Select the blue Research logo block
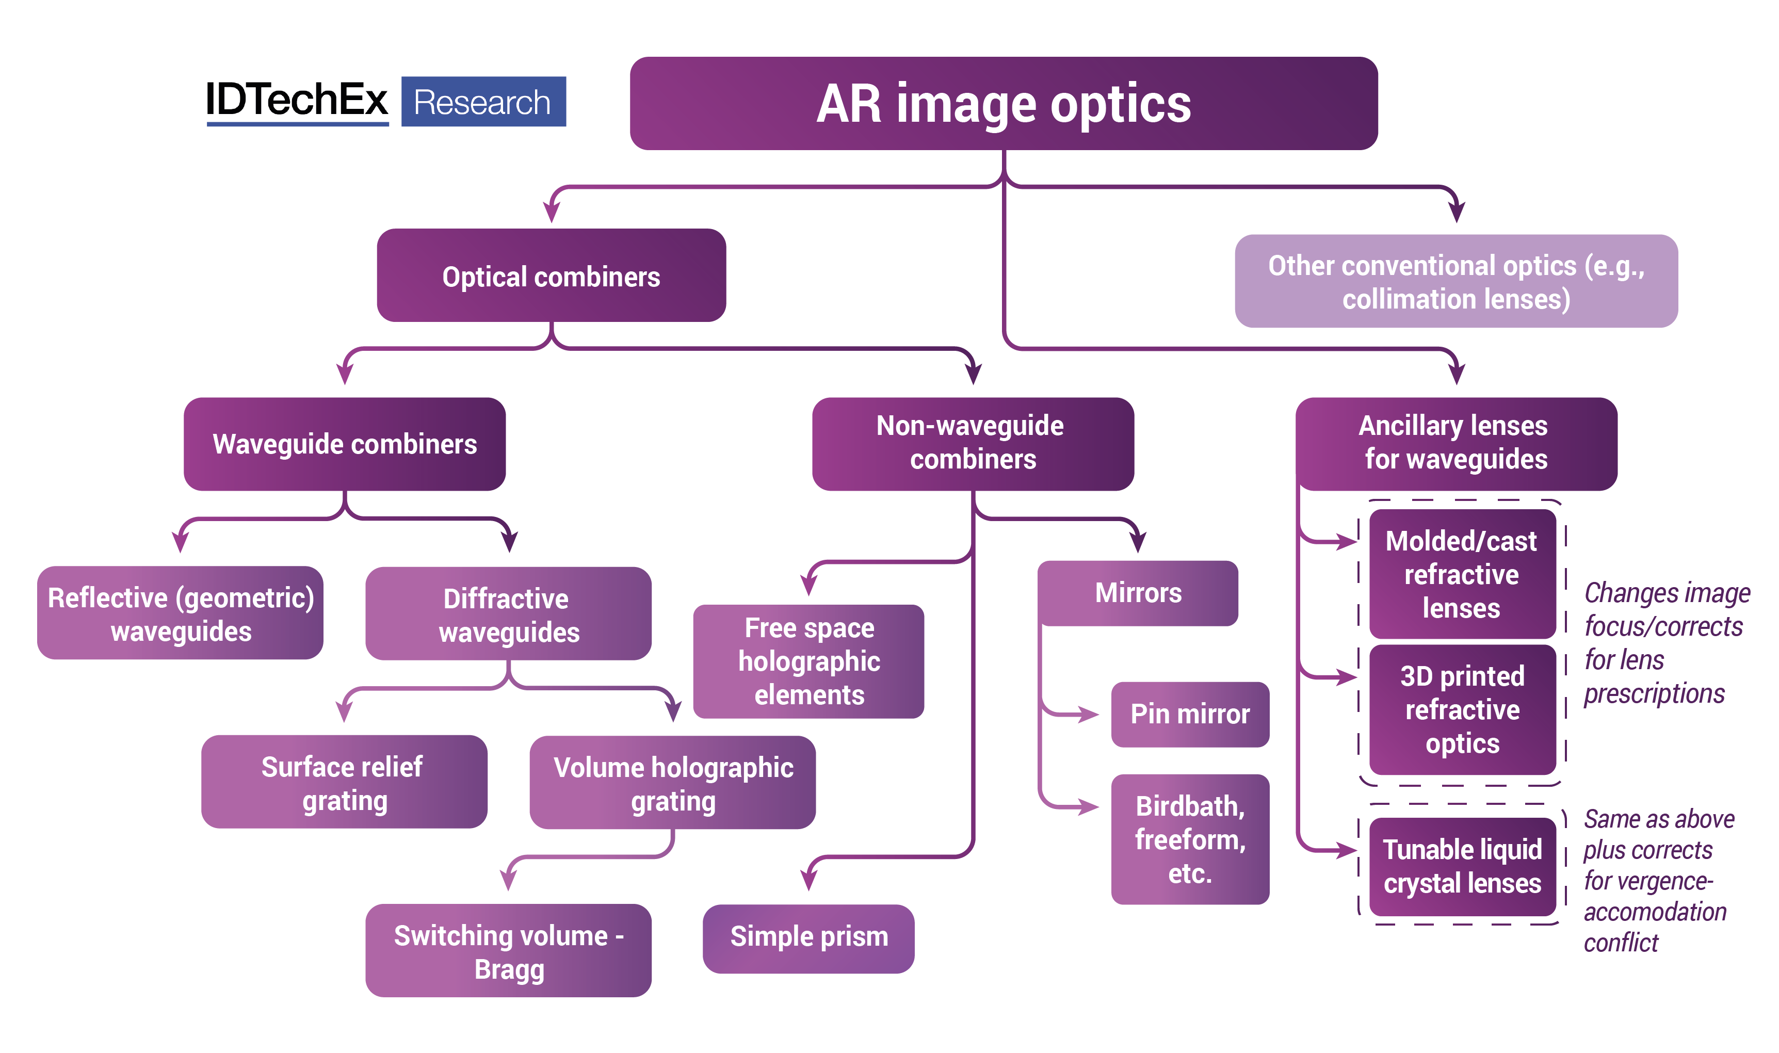[483, 102]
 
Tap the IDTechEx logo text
[297, 100]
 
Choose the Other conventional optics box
[1455, 281]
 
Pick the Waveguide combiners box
[344, 444]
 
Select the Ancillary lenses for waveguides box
[1455, 443]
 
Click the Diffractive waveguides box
[508, 614]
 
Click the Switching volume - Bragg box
[508, 950]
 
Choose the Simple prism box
[808, 938]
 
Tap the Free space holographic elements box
[808, 661]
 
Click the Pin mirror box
[1189, 714]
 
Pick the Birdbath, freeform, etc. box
[1189, 839]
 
